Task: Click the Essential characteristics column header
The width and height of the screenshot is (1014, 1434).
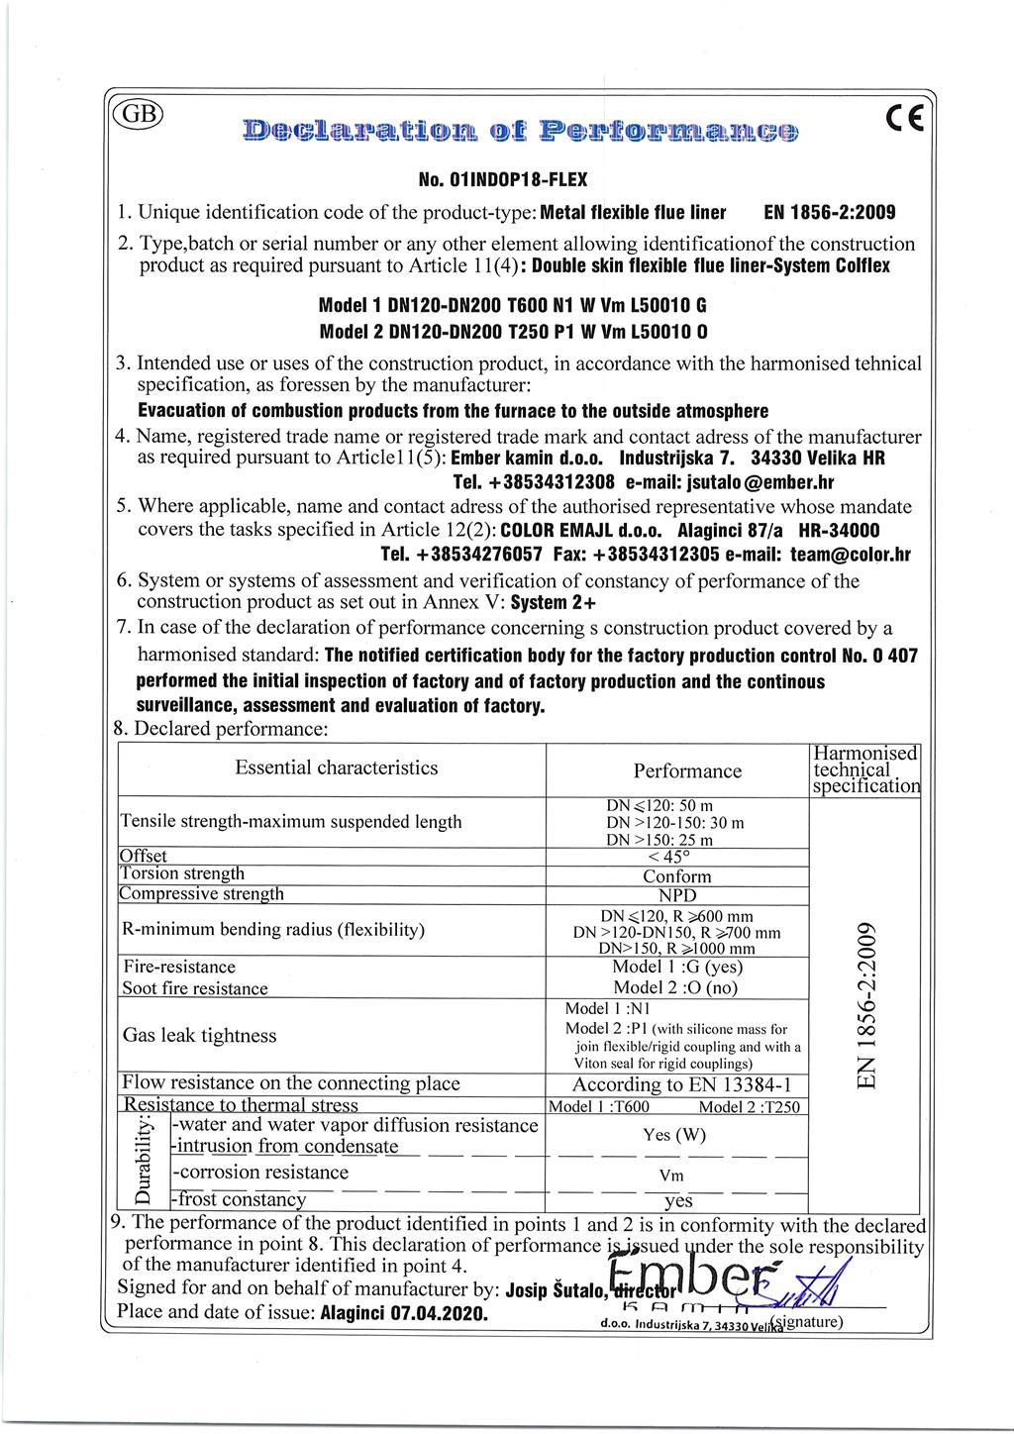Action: pos(336,768)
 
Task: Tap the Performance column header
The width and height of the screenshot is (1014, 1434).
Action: pos(687,771)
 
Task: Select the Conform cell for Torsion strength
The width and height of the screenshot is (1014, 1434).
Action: pos(677,876)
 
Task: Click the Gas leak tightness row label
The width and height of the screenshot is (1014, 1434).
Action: pos(199,1036)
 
